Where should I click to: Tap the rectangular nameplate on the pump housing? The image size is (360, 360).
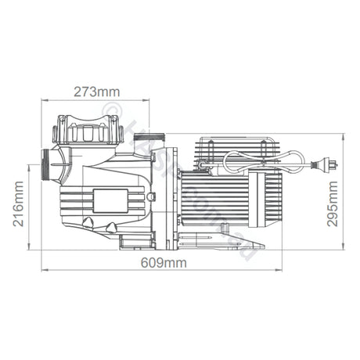[108, 200]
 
